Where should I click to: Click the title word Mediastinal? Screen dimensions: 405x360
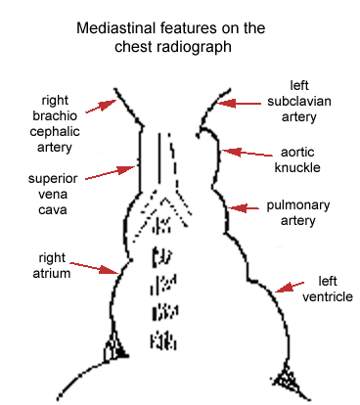point(115,28)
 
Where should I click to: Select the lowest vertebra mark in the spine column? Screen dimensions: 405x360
point(162,340)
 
